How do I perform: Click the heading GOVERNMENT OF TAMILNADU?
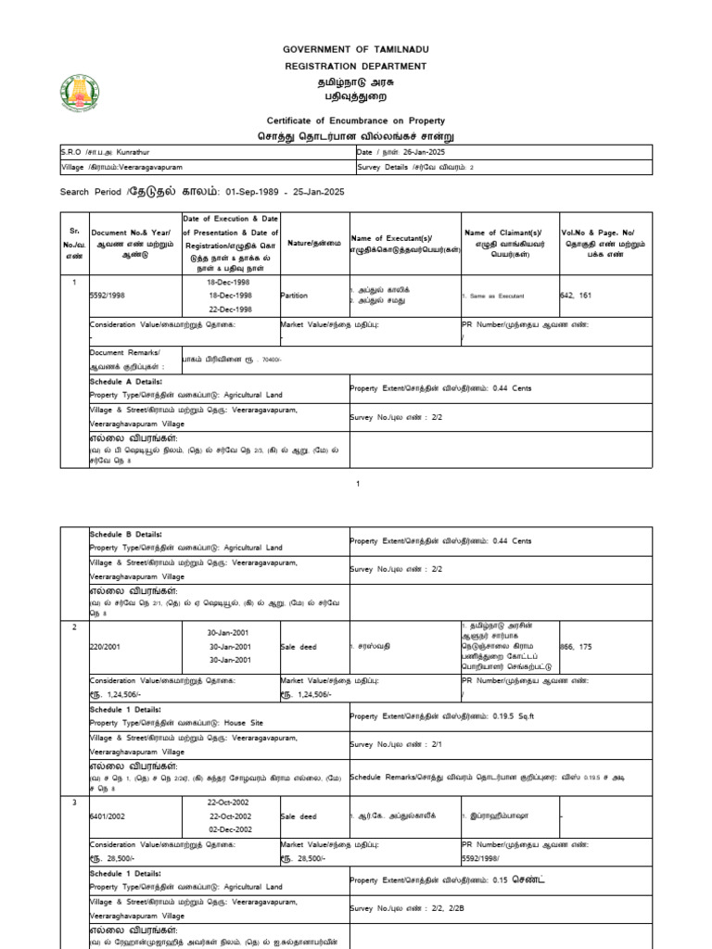356,48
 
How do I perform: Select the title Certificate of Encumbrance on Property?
356,120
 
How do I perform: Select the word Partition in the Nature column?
295,295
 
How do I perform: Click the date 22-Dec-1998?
230,310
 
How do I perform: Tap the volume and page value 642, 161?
575,295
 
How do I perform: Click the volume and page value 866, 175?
575,646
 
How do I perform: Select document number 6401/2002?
109,816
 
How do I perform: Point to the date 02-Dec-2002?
230,830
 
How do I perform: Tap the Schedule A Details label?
125,381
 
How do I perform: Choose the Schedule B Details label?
125,535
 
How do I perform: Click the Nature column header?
313,242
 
